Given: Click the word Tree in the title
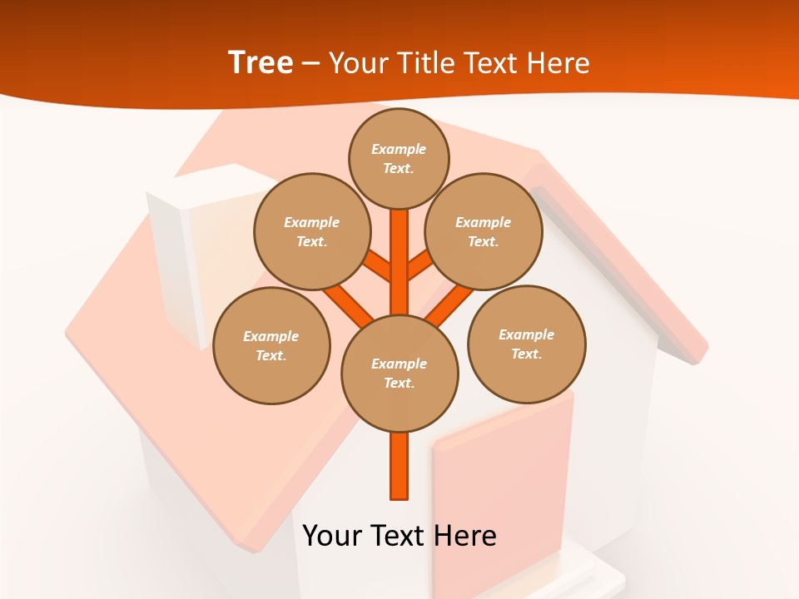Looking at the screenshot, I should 261,62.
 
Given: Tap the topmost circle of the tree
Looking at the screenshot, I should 399,158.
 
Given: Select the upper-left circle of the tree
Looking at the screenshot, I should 312,231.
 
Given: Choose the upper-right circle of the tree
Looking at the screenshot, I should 484,231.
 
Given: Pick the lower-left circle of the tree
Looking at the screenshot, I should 271,345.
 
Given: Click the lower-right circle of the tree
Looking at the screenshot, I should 527,344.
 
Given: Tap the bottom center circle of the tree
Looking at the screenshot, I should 399,373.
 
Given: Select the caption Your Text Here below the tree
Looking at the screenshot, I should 399,535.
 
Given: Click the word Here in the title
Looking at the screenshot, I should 557,62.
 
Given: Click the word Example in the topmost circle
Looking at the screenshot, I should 399,149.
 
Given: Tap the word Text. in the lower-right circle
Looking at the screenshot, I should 527,354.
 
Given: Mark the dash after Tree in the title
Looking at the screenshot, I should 311,63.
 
